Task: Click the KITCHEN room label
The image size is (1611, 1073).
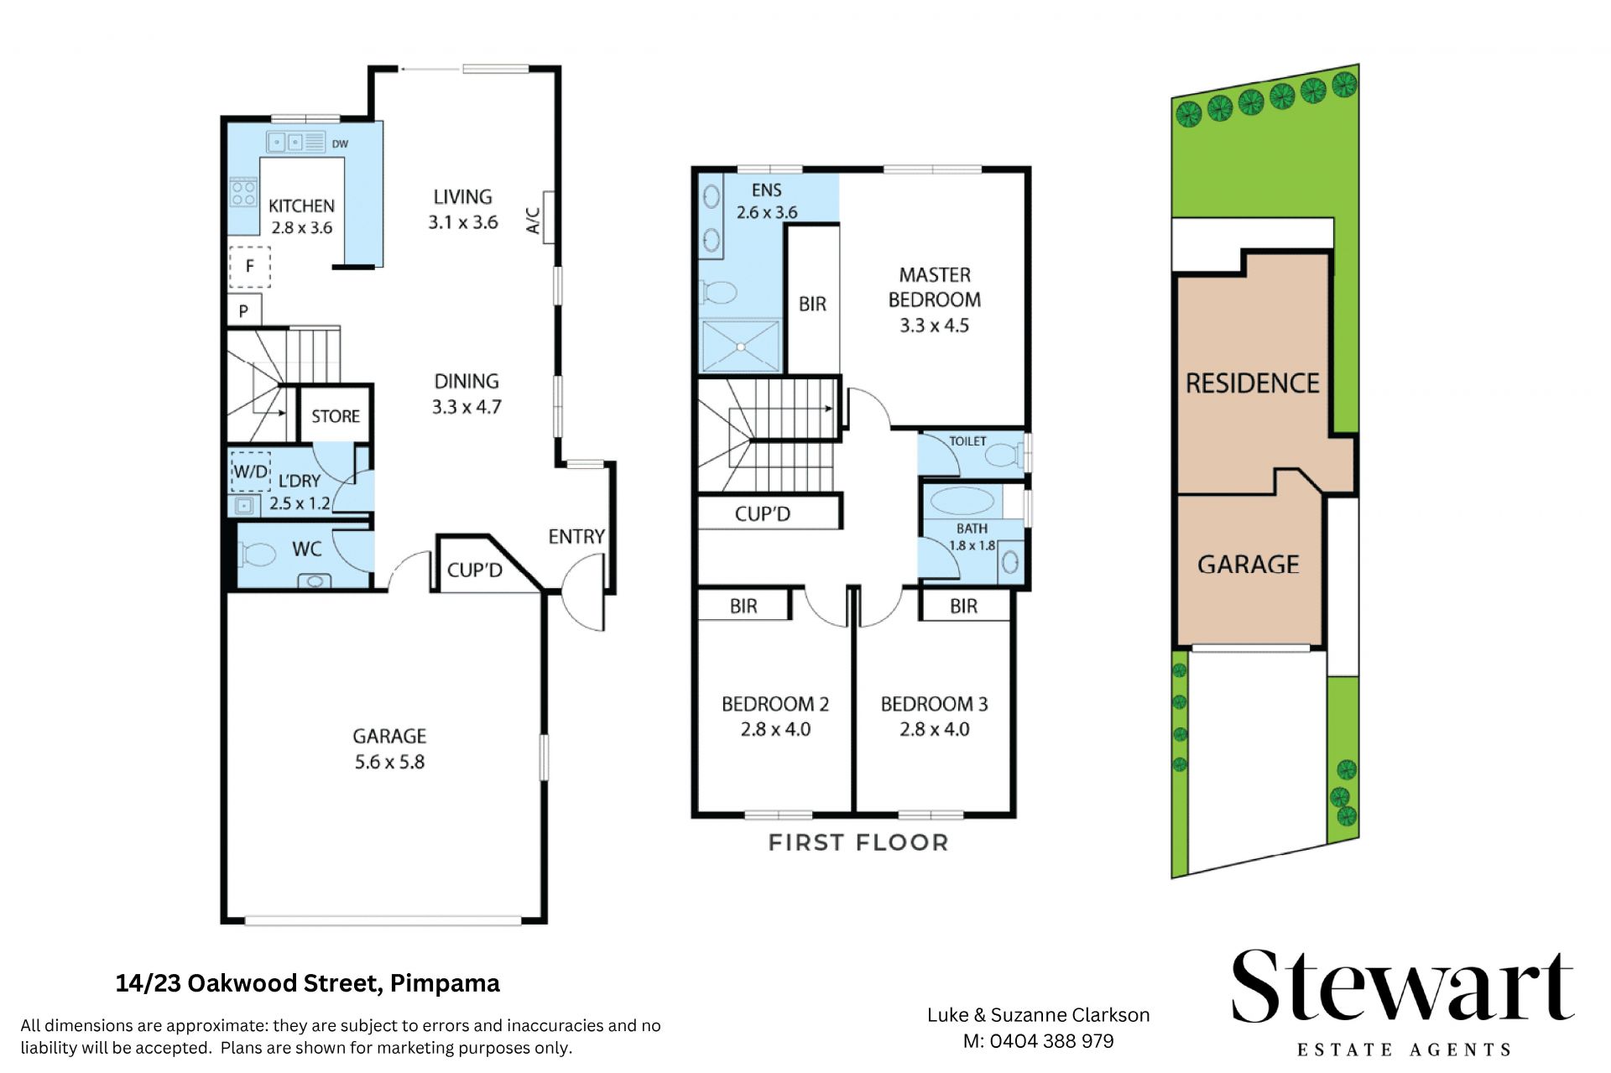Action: (301, 206)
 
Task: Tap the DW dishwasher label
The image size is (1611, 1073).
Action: (340, 144)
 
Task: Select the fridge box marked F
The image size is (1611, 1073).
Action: (250, 267)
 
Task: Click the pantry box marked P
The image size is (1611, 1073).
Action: (244, 310)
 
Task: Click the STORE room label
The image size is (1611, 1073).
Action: (336, 416)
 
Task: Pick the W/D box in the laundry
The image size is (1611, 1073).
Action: (250, 471)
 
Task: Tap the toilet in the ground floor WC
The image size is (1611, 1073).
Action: (258, 554)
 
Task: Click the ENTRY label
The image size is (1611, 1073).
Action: (576, 536)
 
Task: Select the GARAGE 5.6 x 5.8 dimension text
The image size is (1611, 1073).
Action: (389, 762)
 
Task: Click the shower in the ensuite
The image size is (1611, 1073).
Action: (741, 345)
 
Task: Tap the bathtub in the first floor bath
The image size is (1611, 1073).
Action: (962, 501)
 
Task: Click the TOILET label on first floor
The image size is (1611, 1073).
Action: (967, 441)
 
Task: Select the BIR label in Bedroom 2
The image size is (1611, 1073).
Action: (743, 606)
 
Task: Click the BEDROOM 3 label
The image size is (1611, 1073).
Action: (934, 704)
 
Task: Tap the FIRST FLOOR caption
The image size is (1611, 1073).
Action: (858, 842)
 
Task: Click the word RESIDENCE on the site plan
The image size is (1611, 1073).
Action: (1253, 383)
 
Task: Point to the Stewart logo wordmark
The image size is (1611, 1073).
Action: (1402, 987)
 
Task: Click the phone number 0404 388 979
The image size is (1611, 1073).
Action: (1051, 1041)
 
